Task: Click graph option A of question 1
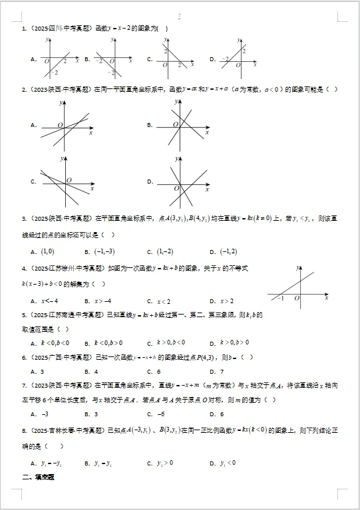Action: point(61,59)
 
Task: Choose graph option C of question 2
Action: point(65,181)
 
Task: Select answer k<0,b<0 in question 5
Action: point(55,342)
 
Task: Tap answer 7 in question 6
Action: point(230,372)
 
